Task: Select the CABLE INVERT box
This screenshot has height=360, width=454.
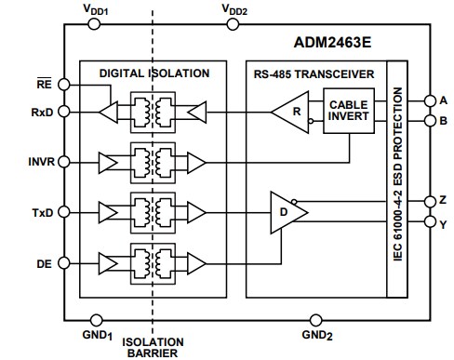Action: click(x=349, y=111)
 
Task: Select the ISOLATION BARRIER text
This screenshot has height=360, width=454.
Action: click(x=154, y=346)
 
